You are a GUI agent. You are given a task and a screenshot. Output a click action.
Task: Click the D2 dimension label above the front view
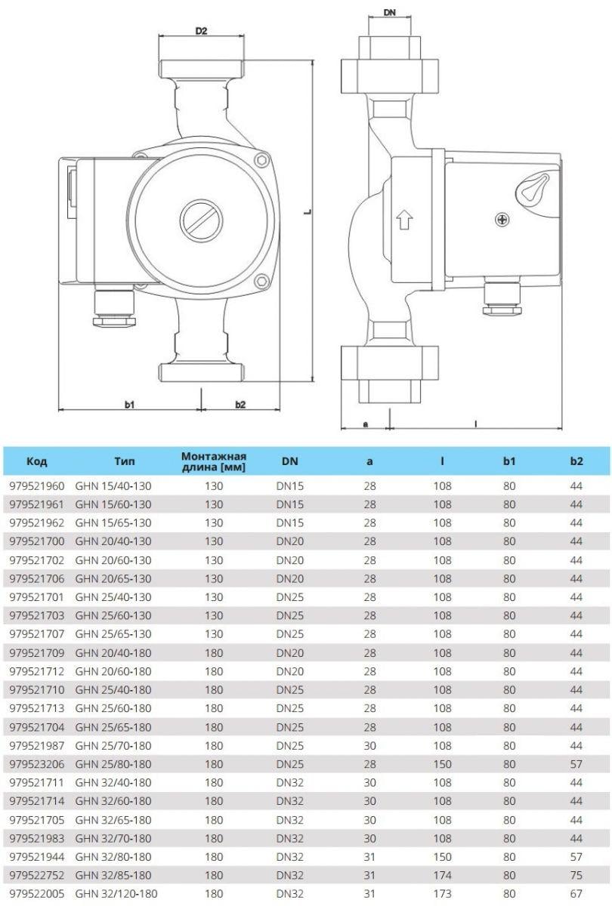201,31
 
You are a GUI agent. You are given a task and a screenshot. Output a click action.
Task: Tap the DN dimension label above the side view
390,14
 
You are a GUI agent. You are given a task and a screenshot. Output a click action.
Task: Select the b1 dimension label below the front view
129,405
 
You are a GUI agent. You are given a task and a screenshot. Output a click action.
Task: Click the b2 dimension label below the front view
240,405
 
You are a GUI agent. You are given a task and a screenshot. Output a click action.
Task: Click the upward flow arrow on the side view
403,219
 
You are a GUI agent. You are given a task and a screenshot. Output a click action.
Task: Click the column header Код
37,461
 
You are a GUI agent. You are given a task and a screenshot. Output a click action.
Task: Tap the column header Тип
125,461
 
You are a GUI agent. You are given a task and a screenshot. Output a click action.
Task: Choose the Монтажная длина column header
214,461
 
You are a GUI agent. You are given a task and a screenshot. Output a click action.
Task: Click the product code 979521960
38,486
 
